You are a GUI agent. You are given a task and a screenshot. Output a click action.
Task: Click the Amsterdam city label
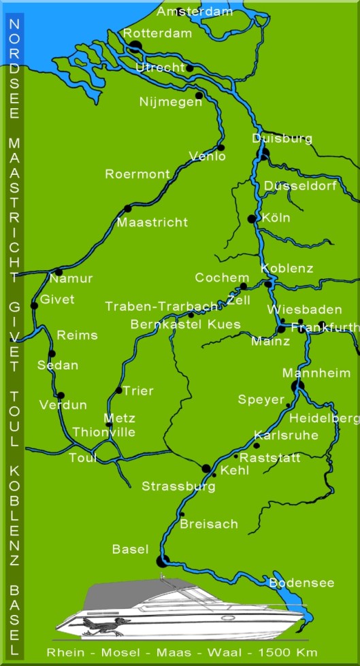[195, 12]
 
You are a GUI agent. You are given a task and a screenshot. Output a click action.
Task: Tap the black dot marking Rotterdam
[135, 46]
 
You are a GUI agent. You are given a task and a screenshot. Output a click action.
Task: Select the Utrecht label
[159, 67]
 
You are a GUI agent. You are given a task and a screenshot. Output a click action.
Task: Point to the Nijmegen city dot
[199, 95]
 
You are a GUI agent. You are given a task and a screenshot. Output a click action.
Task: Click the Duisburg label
[282, 139]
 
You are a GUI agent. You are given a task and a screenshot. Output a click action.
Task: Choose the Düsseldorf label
[300, 186]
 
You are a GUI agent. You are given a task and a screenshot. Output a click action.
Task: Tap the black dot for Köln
[252, 218]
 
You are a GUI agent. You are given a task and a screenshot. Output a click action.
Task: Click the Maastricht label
[152, 222]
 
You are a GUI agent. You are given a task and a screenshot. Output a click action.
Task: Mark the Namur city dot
[59, 272]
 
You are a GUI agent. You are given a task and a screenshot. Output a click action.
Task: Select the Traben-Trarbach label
[161, 307]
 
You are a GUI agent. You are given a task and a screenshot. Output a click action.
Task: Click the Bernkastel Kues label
[185, 324]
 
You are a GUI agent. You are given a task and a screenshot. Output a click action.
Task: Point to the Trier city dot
[119, 390]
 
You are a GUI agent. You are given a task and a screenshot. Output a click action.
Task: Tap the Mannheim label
[316, 373]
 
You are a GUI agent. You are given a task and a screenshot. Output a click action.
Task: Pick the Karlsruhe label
[286, 435]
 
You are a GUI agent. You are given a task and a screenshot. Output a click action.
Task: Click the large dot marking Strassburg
[206, 468]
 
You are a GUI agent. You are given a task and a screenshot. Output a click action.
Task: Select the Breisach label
[209, 525]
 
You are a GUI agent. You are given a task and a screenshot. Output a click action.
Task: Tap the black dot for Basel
[161, 561]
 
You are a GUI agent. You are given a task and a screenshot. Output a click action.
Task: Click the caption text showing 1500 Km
[291, 652]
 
